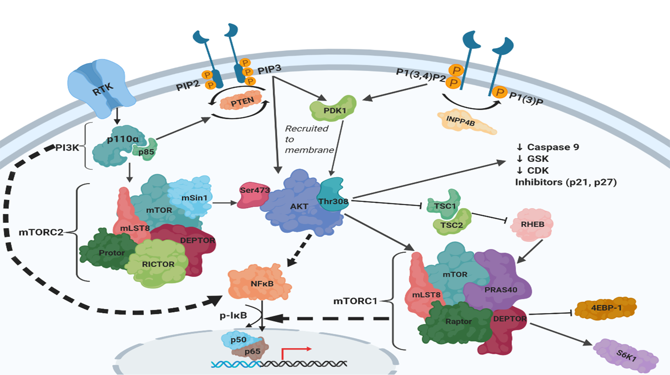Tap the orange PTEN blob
(241, 101)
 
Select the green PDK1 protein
(334, 109)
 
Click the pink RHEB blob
(532, 224)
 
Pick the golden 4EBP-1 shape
(606, 308)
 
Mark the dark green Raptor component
(458, 322)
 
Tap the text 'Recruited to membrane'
(308, 139)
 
